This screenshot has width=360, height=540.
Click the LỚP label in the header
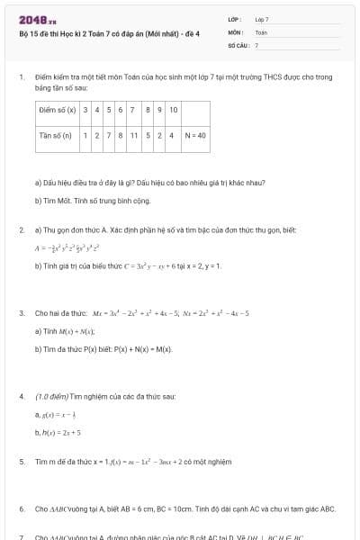233,19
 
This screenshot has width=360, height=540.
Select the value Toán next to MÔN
261,31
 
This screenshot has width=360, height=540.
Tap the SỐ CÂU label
238,44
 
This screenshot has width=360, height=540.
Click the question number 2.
21,230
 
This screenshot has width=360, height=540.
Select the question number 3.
21,313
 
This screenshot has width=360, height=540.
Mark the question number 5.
21,462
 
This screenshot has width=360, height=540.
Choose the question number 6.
21,508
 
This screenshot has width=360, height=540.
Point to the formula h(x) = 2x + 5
58,433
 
